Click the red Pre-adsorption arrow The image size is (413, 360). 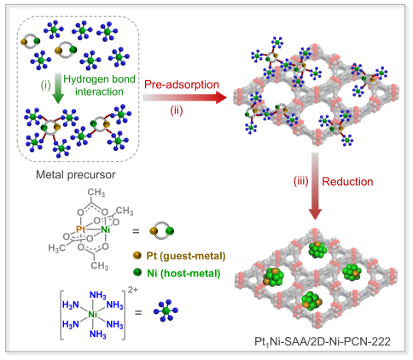pyautogui.click(x=184, y=97)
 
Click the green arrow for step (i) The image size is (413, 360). pyautogui.click(x=58, y=88)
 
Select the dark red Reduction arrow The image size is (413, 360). pyautogui.click(x=315, y=186)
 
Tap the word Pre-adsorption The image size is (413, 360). pyautogui.click(x=182, y=84)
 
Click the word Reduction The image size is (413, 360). pyautogui.click(x=347, y=182)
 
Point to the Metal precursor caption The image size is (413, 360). pyautogui.click(x=76, y=175)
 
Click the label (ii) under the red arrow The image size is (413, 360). pyautogui.click(x=177, y=110)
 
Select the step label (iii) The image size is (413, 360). pyautogui.click(x=301, y=181)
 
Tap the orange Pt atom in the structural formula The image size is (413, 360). pyautogui.click(x=81, y=229)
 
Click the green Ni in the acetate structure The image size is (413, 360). pyautogui.click(x=106, y=229)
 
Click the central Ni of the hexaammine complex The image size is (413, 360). pyautogui.click(x=93, y=314)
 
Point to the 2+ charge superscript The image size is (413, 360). pyautogui.click(x=133, y=290)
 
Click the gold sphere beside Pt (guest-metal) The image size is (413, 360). pyautogui.click(x=137, y=255)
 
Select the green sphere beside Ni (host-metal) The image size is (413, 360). pyautogui.click(x=137, y=272)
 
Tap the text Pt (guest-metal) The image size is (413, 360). pyautogui.click(x=186, y=256)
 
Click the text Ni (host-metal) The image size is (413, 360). pyautogui.click(x=183, y=273)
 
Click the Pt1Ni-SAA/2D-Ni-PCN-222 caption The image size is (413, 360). pyautogui.click(x=323, y=341)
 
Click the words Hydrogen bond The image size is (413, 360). pyautogui.click(x=99, y=79)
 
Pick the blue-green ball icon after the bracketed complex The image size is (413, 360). pyautogui.click(x=166, y=311)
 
